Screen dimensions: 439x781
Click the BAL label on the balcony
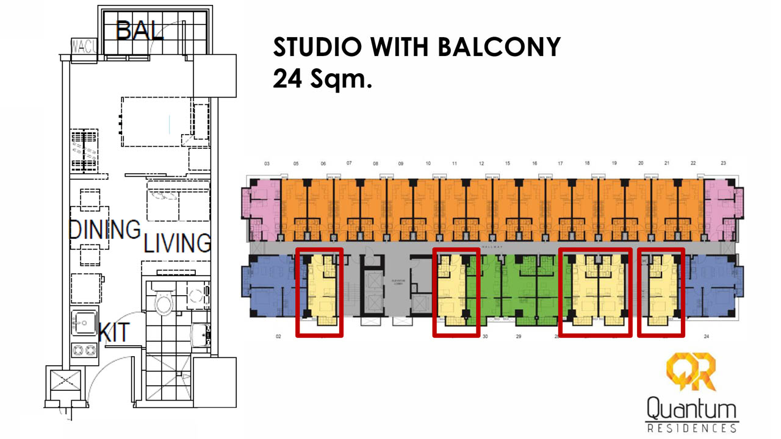coord(140,30)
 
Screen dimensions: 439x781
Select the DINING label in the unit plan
coord(104,229)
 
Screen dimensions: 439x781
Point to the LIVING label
coord(177,243)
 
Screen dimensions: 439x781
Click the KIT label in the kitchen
coord(114,332)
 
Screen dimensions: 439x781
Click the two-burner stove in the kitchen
coord(85,350)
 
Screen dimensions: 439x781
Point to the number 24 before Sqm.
coord(287,79)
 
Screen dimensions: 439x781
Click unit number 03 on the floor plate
coord(267,164)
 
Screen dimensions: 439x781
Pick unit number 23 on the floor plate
coord(723,163)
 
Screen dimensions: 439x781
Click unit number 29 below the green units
coord(519,337)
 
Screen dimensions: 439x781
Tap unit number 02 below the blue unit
coord(279,337)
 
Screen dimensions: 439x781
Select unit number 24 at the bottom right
coord(707,337)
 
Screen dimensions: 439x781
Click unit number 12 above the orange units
coord(481,164)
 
